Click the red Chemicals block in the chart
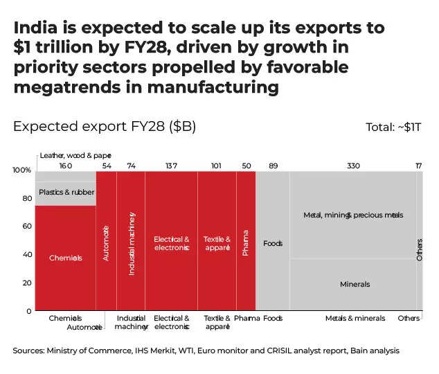(65, 258)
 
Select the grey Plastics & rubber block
(65, 192)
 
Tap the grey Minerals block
(355, 284)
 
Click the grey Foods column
(273, 243)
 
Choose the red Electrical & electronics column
(171, 243)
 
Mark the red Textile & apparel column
(217, 243)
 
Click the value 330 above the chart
(353, 166)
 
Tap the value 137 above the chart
(170, 166)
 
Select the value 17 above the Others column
(418, 166)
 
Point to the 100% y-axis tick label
(22, 170)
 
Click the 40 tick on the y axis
(26, 255)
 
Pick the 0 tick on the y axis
(28, 311)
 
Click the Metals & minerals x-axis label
(355, 319)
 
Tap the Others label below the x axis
(409, 319)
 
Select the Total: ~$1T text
(393, 127)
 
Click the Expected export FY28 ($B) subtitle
(105, 127)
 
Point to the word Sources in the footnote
(29, 351)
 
